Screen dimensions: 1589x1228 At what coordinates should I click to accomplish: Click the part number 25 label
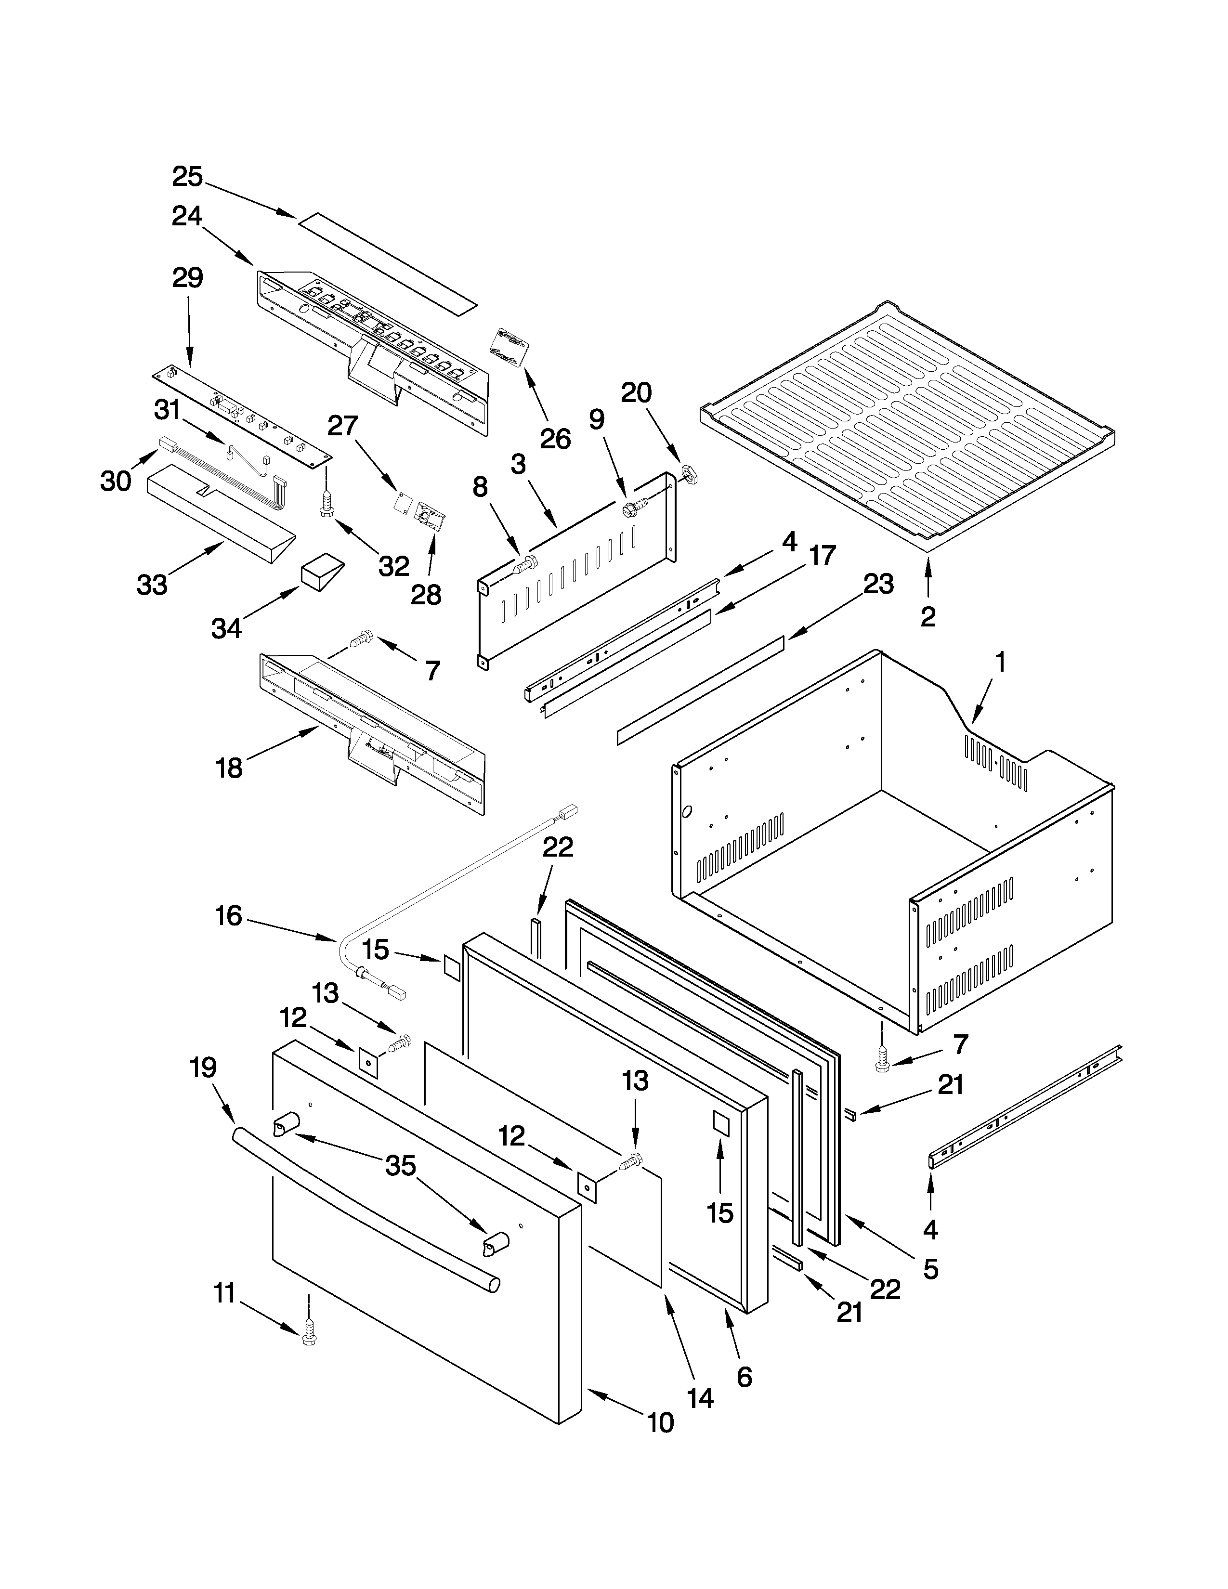pyautogui.click(x=187, y=177)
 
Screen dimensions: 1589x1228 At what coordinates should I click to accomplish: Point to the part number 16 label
pyautogui.click(x=228, y=915)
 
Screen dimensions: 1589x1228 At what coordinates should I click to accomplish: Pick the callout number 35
pyautogui.click(x=400, y=1166)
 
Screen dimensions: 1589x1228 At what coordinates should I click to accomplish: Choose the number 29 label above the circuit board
pyautogui.click(x=187, y=277)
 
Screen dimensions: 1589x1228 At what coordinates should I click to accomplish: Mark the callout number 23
pyautogui.click(x=878, y=584)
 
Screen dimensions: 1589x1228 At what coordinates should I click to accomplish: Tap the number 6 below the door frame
pyautogui.click(x=744, y=1377)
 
